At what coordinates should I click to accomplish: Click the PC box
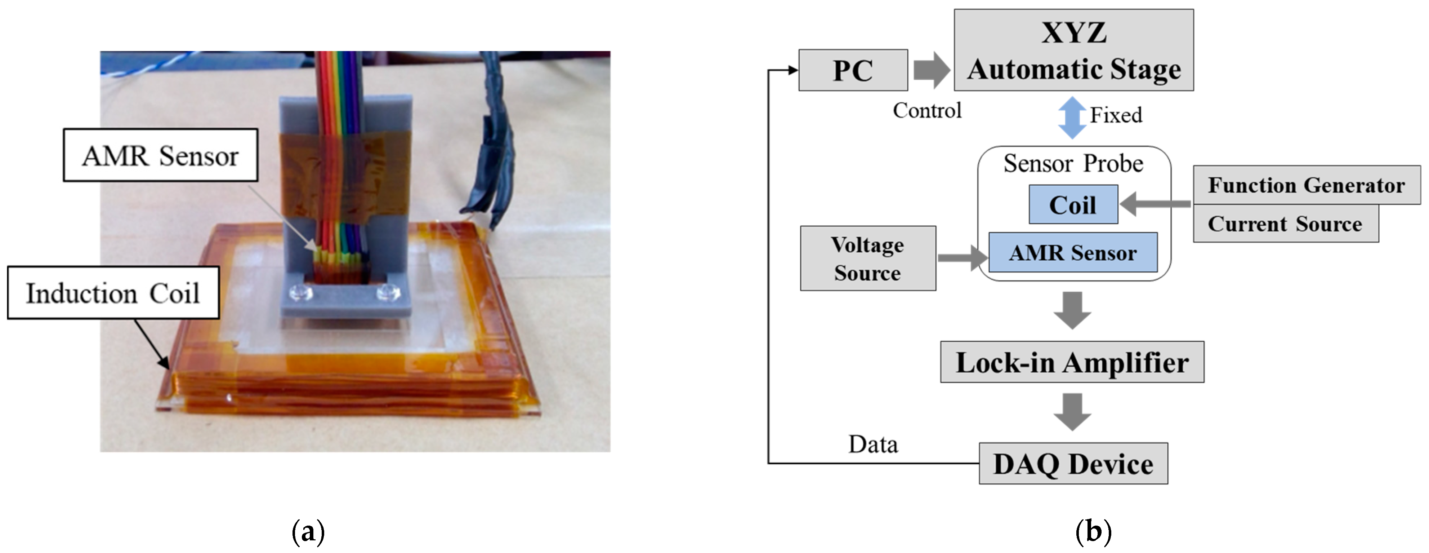point(853,70)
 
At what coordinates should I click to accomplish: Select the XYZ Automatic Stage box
point(1073,50)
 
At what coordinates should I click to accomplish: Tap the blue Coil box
point(1073,204)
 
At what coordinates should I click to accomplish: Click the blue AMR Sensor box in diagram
point(1073,253)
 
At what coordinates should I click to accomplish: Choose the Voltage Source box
point(868,258)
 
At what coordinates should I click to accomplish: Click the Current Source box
point(1285,224)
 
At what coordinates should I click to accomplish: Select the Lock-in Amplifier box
point(1072,362)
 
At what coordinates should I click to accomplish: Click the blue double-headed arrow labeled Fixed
point(1072,117)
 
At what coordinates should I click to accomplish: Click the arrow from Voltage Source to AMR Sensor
point(962,258)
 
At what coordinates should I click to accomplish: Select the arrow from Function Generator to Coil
point(1154,204)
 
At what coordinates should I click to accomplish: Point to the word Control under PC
point(927,110)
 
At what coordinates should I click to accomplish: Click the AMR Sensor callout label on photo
point(160,155)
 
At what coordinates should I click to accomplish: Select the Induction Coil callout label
point(113,293)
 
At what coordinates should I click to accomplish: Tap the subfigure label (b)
point(1093,532)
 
